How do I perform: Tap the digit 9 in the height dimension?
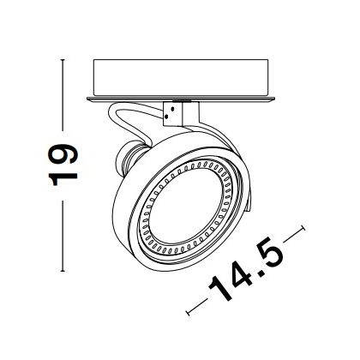point(63,153)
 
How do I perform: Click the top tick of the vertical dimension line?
point(63,60)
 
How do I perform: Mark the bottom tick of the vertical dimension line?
point(63,271)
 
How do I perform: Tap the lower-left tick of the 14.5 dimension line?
point(188,313)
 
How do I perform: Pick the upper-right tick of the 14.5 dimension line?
point(303,229)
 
